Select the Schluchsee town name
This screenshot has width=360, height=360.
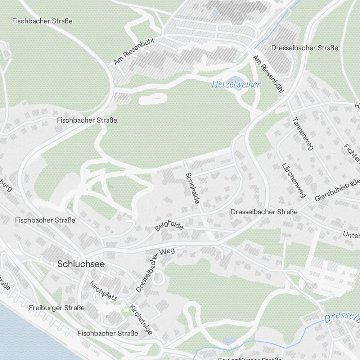(81, 264)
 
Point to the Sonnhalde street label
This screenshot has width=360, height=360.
(192, 188)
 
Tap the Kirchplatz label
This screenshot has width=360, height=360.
(103, 291)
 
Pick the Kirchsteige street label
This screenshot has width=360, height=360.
(141, 320)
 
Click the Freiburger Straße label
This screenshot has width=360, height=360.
(57, 308)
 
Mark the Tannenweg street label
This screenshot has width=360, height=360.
(303, 133)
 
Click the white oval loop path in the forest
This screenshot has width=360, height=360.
(152, 99)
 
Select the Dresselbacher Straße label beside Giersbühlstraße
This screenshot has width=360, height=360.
(264, 212)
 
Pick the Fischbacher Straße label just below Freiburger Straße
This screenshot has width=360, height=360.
(108, 333)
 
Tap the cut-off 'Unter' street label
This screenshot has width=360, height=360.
(351, 235)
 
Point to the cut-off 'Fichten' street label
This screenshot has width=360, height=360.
(352, 153)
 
